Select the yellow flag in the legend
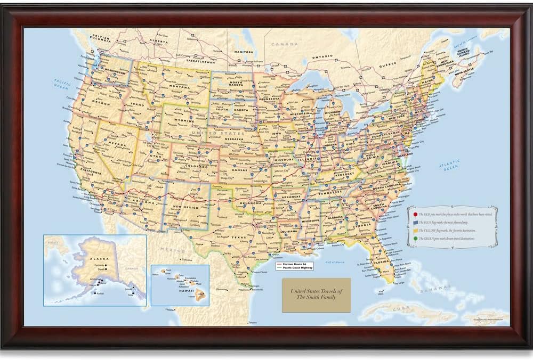[415, 230]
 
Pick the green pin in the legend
[415, 238]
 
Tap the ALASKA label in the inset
[84, 258]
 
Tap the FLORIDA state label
[382, 263]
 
